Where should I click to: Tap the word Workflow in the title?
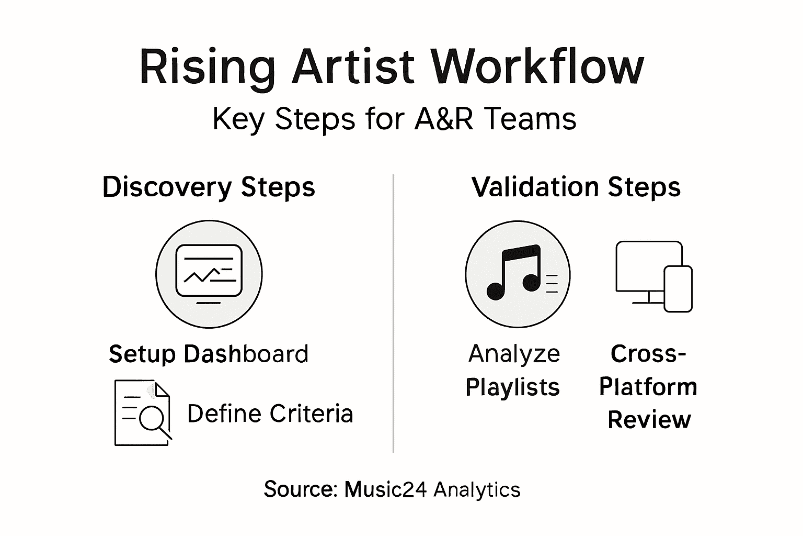tap(538, 67)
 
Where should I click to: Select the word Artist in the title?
tap(353, 67)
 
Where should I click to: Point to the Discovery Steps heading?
tap(209, 187)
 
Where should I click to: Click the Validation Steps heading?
tap(576, 187)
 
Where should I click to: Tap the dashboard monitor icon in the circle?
tap(209, 274)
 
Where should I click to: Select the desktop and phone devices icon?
tap(653, 276)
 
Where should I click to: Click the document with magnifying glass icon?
tap(143, 413)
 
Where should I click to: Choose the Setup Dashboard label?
tap(209, 354)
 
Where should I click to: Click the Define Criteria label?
tap(270, 414)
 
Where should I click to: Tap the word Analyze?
tap(514, 354)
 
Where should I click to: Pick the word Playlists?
tap(512, 388)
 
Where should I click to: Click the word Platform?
tap(648, 387)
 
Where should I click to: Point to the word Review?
tap(649, 420)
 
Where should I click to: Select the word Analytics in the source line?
tap(477, 490)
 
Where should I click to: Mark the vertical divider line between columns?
tap(393, 314)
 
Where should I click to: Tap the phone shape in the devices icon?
tap(678, 289)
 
